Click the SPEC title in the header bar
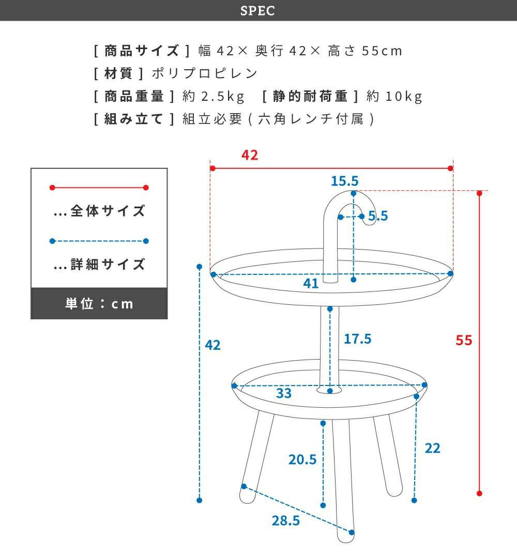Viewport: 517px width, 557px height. pyautogui.click(x=257, y=11)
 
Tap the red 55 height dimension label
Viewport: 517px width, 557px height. pyautogui.click(x=464, y=341)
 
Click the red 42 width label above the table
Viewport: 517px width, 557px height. pyautogui.click(x=249, y=155)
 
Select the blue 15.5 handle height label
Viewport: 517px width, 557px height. pyautogui.click(x=345, y=181)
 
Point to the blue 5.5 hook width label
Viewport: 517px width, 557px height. pyautogui.click(x=378, y=215)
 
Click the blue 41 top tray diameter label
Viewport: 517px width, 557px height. pyautogui.click(x=311, y=283)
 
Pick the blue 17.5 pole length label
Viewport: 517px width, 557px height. pyautogui.click(x=357, y=339)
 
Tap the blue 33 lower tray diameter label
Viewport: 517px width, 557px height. pyautogui.click(x=284, y=393)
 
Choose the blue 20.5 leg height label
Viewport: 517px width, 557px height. pyautogui.click(x=302, y=460)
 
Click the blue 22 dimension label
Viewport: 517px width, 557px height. pyautogui.click(x=432, y=448)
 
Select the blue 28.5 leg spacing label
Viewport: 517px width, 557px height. pyautogui.click(x=286, y=521)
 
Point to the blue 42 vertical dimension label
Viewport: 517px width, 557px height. pyautogui.click(x=212, y=345)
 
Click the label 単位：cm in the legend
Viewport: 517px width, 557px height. pyautogui.click(x=99, y=304)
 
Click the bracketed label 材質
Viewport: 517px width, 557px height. pyautogui.click(x=118, y=73)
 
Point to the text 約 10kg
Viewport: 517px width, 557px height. pyautogui.click(x=394, y=96)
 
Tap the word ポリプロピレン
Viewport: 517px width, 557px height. pyautogui.click(x=205, y=73)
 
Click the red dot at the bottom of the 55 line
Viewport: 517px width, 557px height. pyautogui.click(x=479, y=493)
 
